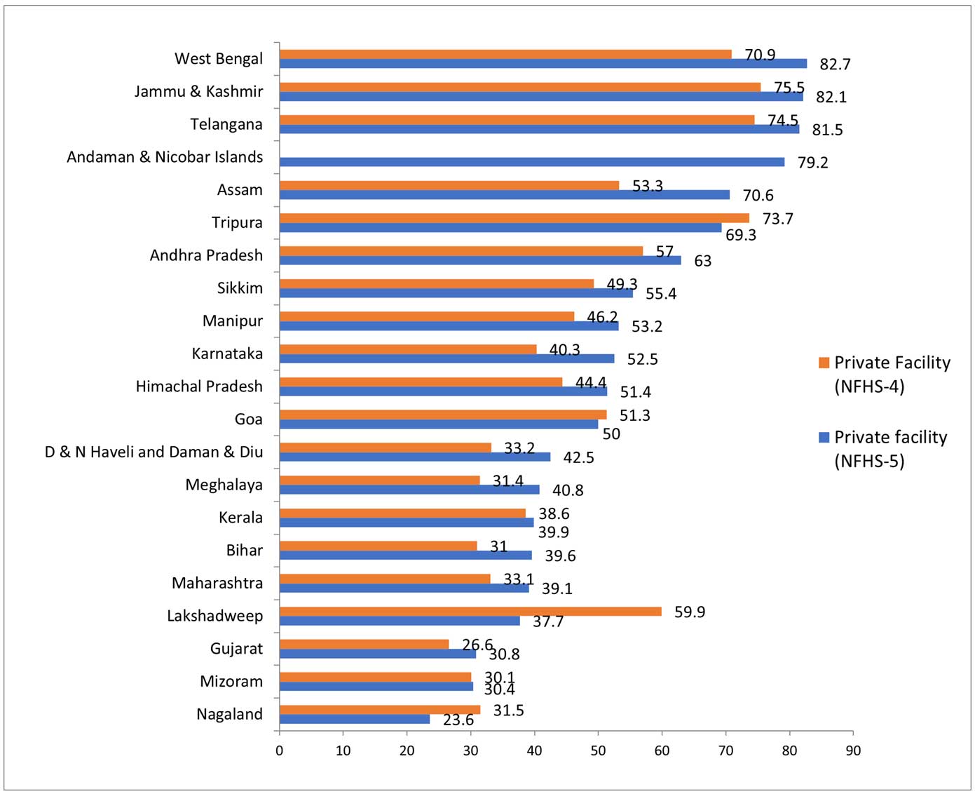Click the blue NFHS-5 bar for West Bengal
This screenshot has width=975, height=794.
(x=543, y=64)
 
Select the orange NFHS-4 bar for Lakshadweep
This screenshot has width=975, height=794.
(x=470, y=612)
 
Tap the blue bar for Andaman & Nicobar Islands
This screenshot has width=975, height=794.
(x=531, y=162)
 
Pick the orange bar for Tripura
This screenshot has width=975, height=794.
(x=514, y=218)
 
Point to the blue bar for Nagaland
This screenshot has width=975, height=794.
(x=354, y=719)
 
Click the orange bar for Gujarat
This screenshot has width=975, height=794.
(x=364, y=644)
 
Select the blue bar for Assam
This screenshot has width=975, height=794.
(x=504, y=195)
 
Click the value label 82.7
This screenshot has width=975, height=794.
(x=835, y=65)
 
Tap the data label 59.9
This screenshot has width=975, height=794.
(x=690, y=612)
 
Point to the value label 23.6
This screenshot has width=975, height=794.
(x=458, y=720)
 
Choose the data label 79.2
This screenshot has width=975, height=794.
(x=812, y=163)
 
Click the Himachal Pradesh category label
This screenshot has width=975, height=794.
(x=199, y=386)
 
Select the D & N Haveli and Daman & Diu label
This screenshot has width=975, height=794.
(x=154, y=452)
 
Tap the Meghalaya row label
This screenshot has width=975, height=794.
(x=224, y=485)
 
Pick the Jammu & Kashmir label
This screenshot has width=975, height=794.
(x=198, y=92)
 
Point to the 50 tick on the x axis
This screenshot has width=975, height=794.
(x=598, y=751)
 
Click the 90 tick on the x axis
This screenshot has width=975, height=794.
(x=853, y=751)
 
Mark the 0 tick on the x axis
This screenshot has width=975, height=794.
(x=279, y=751)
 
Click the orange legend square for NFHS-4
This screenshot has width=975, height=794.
(x=824, y=363)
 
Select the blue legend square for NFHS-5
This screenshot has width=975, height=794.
(x=824, y=438)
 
